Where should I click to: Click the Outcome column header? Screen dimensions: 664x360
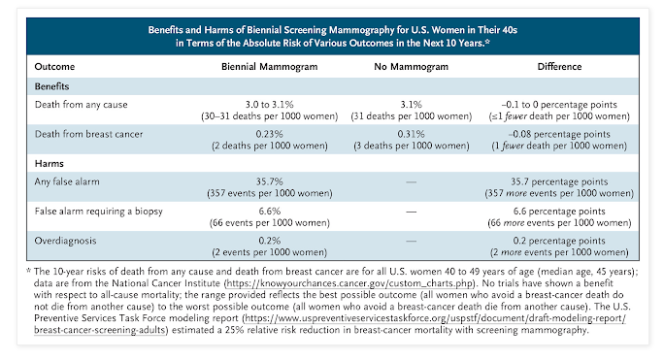(x=54, y=67)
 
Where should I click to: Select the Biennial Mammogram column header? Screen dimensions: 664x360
(x=269, y=67)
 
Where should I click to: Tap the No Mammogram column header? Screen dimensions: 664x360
(x=412, y=67)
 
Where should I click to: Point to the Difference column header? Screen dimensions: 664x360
(x=559, y=67)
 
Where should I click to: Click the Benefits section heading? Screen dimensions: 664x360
(x=51, y=86)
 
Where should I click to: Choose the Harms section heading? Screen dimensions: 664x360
(x=50, y=163)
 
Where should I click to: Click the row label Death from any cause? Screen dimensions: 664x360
(x=81, y=105)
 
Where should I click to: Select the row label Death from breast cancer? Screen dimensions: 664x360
(x=88, y=134)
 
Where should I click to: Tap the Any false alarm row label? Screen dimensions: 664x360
(x=67, y=181)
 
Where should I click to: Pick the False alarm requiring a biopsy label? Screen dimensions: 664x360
(x=99, y=212)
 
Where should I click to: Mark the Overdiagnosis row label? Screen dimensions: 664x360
(x=65, y=241)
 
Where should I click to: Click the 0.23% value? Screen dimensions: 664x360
(x=269, y=134)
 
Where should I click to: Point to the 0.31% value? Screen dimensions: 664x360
(x=412, y=134)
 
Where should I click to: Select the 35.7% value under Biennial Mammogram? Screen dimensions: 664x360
(x=269, y=181)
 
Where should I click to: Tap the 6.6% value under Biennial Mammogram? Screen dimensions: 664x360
(x=269, y=212)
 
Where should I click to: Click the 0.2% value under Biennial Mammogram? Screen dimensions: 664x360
(x=269, y=241)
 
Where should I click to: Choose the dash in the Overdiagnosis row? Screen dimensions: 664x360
(x=412, y=241)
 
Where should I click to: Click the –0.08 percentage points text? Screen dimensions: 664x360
(x=559, y=134)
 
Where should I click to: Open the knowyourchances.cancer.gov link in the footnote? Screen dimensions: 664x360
(x=349, y=283)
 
